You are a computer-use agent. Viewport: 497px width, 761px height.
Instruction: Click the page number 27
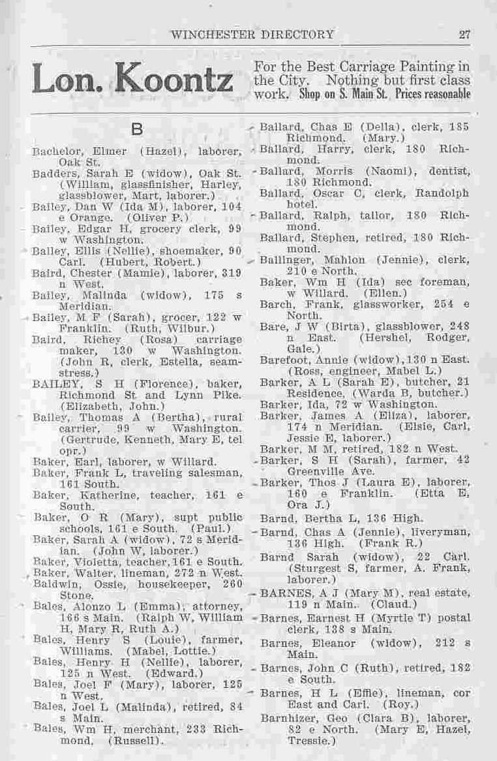pyautogui.click(x=464, y=35)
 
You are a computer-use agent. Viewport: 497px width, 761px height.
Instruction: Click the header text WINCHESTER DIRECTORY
pyautogui.click(x=252, y=35)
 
